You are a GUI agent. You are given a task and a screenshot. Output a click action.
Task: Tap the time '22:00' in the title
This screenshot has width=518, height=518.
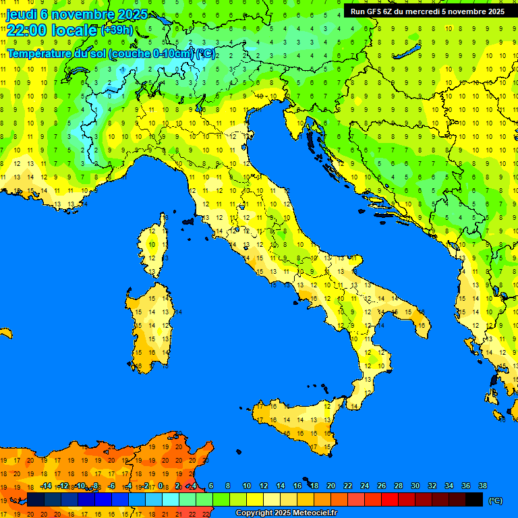pos(28,31)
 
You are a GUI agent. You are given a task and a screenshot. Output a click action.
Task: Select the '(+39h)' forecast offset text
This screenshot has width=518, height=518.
pos(117,31)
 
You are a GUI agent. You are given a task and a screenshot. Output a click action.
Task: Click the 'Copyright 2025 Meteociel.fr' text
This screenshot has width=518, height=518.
pos(286,513)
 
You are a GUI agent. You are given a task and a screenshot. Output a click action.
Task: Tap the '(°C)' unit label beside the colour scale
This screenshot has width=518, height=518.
pos(495,500)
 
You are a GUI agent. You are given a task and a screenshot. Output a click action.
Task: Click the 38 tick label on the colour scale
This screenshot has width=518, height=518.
pos(483,486)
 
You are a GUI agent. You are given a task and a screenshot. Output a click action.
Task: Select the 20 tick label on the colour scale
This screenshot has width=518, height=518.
pos(330,486)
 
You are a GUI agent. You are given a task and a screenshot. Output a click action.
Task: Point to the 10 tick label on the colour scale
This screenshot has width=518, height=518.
pos(247,486)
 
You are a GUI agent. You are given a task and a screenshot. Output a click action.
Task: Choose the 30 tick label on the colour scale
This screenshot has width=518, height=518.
pos(415,486)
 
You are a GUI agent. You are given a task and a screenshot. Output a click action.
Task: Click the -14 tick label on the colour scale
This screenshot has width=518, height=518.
pos(46,486)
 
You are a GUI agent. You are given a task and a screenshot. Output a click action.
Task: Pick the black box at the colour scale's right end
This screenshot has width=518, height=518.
pos(474,499)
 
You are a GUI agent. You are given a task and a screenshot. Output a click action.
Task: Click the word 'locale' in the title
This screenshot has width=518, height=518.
pos(77,31)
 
